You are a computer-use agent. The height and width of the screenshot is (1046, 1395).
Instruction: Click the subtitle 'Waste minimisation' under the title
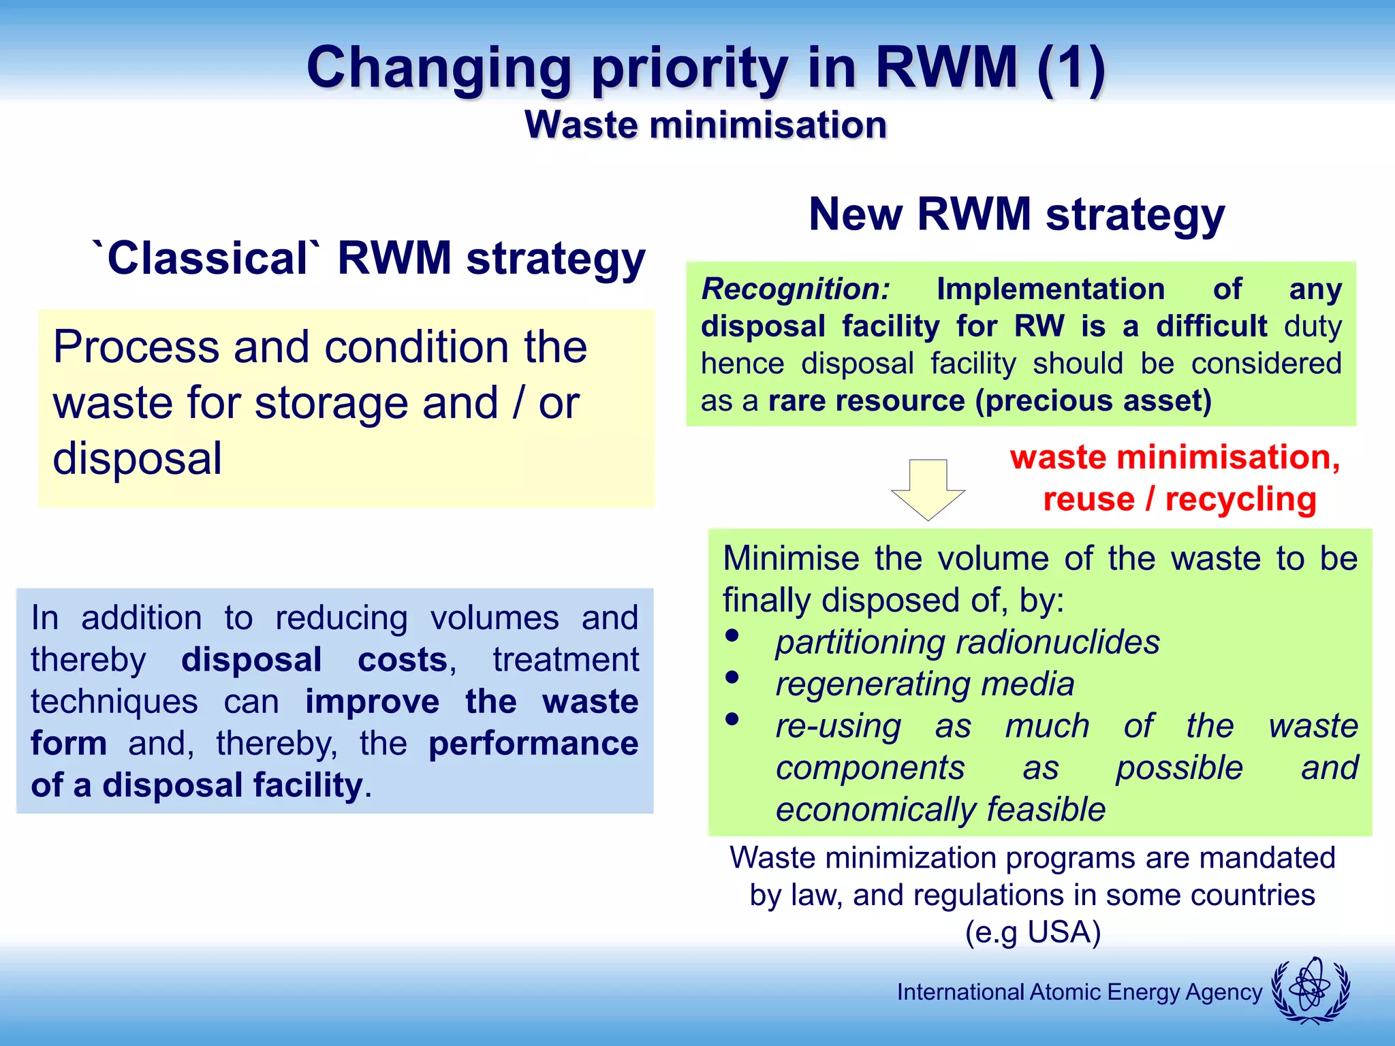click(x=706, y=125)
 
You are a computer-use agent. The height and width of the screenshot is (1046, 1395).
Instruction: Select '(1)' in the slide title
click(x=1071, y=68)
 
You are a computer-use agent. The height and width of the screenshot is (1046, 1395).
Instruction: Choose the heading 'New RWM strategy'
click(x=1016, y=215)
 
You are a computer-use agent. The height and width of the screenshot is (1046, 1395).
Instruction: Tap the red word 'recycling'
click(x=1240, y=499)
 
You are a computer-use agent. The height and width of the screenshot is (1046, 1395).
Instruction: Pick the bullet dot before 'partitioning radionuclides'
click(x=732, y=635)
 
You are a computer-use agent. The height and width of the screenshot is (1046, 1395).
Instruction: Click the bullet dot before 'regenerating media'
click(x=732, y=677)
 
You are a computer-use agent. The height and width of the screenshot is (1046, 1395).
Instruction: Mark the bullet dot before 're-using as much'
click(x=732, y=719)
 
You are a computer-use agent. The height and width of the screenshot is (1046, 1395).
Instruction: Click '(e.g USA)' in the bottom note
click(x=1033, y=932)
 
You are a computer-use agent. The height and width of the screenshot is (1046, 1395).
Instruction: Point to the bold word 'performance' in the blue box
click(x=533, y=744)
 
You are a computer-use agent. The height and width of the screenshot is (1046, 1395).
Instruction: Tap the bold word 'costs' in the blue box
click(x=403, y=660)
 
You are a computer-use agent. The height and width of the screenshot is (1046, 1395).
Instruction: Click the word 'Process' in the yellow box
click(x=136, y=347)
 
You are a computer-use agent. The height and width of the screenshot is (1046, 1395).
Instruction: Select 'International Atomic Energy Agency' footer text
click(x=1079, y=992)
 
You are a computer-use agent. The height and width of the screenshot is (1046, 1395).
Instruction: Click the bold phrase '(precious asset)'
click(x=1093, y=400)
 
